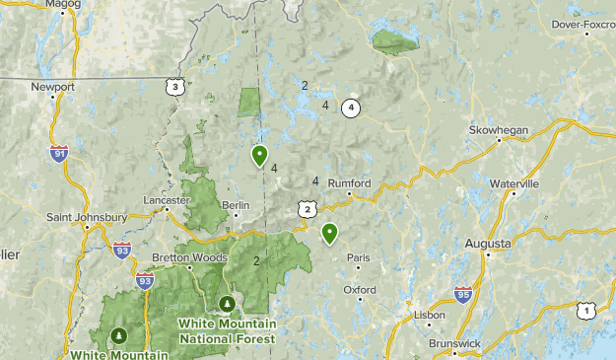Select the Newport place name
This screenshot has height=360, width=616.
(52, 87)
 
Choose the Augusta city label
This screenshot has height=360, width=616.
(488, 243)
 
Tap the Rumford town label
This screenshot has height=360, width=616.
(349, 183)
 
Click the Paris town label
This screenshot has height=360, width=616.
(359, 258)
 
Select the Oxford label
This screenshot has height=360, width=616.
(360, 290)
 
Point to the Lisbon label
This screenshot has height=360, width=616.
(430, 315)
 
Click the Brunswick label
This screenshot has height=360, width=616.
(454, 343)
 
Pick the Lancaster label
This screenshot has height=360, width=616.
(165, 199)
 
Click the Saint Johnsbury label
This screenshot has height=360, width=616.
(87, 217)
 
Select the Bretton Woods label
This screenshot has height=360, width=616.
(183, 258)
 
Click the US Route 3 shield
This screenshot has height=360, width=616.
(175, 88)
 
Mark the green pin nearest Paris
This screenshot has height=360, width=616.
(329, 234)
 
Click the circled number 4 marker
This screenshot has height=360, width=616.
(350, 108)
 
